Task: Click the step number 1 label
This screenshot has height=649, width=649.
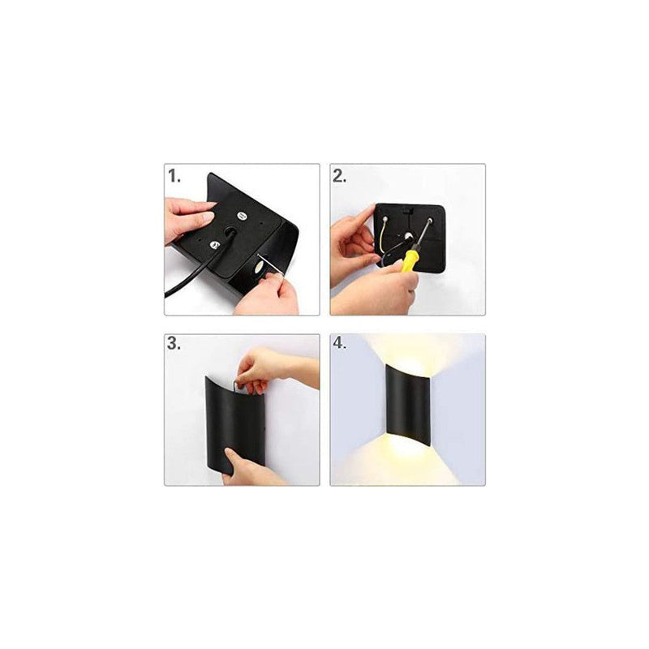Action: pos(173,175)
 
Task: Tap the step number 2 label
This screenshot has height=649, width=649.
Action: pos(340,175)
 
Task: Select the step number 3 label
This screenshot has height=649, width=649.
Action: pos(173,343)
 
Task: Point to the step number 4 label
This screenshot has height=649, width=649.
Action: pos(340,343)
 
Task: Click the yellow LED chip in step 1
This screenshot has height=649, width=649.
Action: pos(257,266)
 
